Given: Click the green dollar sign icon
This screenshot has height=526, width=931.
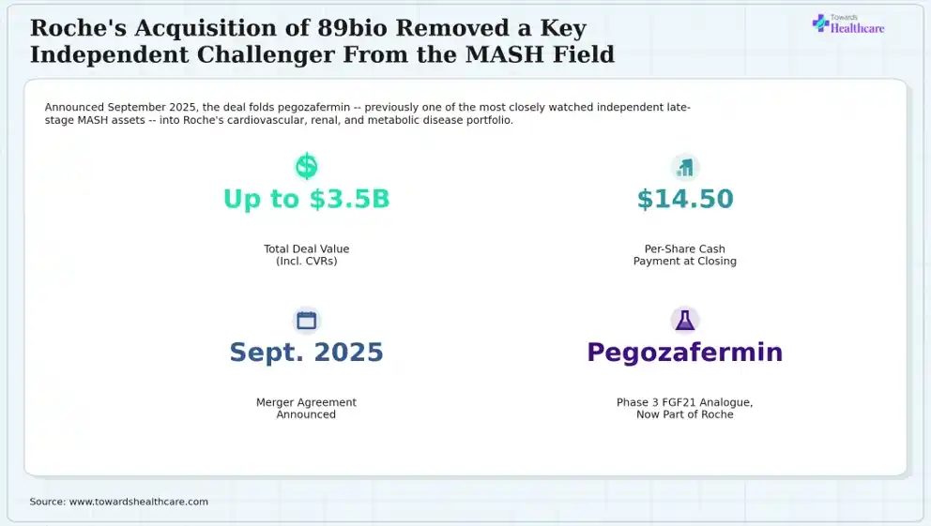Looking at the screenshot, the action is tap(306, 167).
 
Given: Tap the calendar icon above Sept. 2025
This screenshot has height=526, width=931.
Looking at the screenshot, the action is tap(306, 321).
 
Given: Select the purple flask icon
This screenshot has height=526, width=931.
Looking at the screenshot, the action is tap(684, 321).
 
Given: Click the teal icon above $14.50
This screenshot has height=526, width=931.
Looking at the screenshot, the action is tap(685, 167).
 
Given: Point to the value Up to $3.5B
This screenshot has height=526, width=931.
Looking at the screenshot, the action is tap(306, 199).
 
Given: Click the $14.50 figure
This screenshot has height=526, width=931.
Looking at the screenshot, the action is tap(685, 199).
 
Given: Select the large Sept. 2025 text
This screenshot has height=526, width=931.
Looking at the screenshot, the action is tap(306, 353).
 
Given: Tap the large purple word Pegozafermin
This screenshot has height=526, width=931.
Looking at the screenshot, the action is tap(684, 353).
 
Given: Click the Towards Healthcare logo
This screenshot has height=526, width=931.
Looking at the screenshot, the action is tap(847, 24).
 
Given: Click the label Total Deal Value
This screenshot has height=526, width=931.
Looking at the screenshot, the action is tap(306, 249).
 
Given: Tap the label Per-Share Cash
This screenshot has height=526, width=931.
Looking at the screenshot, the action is tap(684, 249).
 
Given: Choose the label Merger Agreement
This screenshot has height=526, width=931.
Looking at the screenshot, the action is tap(306, 402).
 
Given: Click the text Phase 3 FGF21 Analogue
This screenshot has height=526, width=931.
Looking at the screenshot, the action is tap(684, 402).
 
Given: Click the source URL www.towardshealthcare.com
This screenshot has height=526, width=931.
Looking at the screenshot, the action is tap(139, 502).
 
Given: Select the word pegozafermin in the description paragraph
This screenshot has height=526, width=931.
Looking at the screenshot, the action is tap(313, 107).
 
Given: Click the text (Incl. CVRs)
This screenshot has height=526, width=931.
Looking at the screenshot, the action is tap(306, 261).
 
